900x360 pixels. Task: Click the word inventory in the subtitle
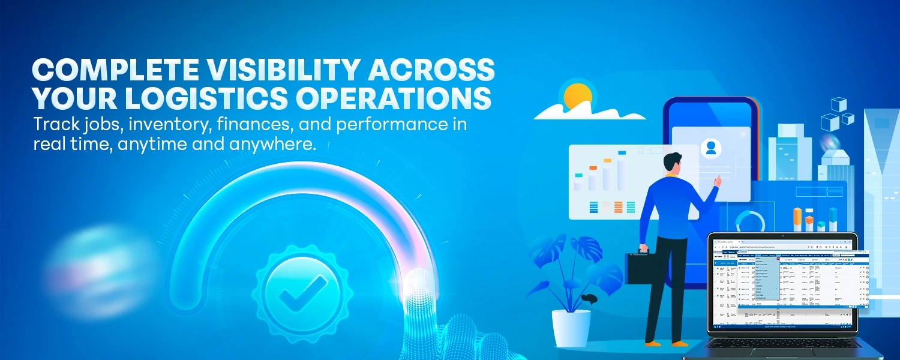(x=154, y=125)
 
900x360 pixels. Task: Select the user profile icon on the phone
(x=711, y=148)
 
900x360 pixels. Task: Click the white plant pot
(x=571, y=326)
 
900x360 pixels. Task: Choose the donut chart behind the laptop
(x=751, y=221)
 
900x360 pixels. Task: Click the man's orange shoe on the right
(x=679, y=343)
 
